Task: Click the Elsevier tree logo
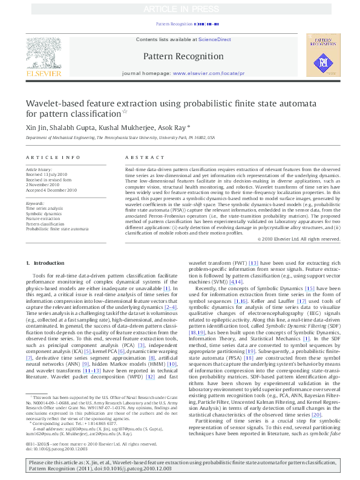click(x=42, y=54)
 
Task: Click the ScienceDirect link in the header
click(x=215, y=39)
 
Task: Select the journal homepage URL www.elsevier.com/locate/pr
click(x=209, y=73)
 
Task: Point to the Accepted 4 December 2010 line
click(x=51, y=190)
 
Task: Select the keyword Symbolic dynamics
click(x=43, y=213)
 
